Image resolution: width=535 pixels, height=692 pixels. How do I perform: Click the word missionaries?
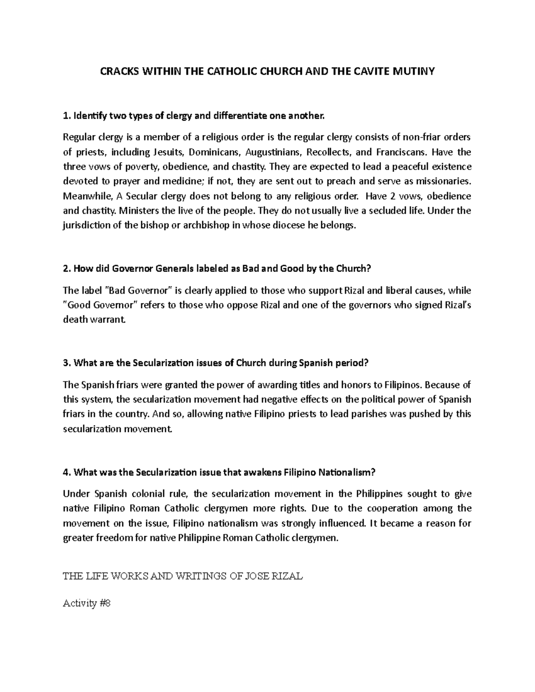pos(441,182)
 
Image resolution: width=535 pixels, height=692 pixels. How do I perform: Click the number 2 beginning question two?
pos(66,269)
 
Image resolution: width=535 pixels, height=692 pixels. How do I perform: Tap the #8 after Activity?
pos(105,604)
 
